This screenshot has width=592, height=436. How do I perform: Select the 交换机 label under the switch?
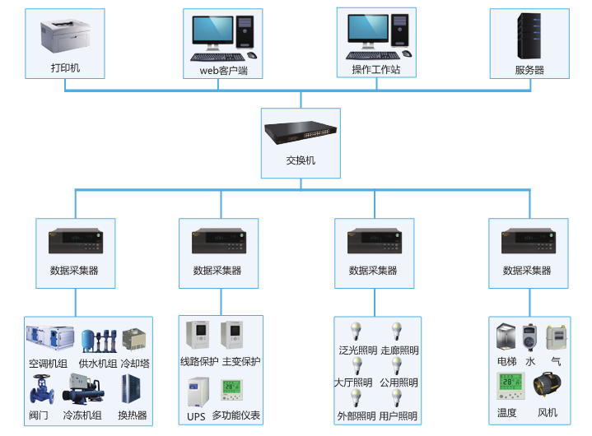(x=301, y=160)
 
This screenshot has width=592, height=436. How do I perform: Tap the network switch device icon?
(x=301, y=132)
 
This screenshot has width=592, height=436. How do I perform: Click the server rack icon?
(x=529, y=34)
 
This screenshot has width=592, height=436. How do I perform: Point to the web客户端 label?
(x=224, y=70)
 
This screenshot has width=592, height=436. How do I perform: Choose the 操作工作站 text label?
(x=375, y=70)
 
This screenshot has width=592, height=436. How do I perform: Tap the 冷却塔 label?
(x=135, y=363)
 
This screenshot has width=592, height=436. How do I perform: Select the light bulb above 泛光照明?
(x=357, y=332)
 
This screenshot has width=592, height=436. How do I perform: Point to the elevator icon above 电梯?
(x=506, y=337)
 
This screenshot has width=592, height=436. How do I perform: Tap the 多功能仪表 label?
(x=236, y=416)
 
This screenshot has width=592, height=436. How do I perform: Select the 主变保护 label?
(x=240, y=362)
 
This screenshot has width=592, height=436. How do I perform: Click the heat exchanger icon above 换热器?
(x=131, y=388)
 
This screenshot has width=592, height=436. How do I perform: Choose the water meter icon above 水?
(x=530, y=337)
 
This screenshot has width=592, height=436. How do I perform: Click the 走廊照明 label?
(x=399, y=350)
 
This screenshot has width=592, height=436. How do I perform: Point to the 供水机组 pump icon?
(x=97, y=340)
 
